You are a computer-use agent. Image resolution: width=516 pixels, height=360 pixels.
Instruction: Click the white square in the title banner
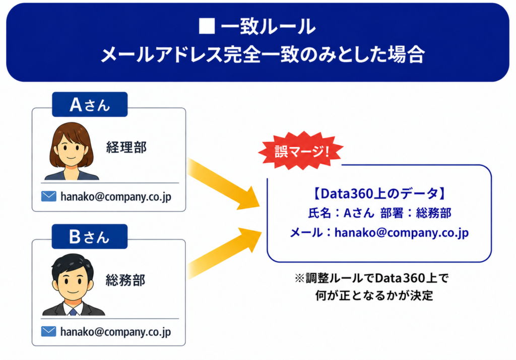(207, 26)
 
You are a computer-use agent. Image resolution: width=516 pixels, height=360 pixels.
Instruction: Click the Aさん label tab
(90, 104)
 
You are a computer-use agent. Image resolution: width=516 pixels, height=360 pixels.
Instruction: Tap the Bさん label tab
(90, 236)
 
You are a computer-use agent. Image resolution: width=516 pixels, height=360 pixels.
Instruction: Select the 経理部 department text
(126, 147)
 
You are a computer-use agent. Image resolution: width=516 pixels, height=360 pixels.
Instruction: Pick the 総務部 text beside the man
(125, 280)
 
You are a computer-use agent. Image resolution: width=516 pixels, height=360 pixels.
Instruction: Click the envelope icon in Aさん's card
(49, 196)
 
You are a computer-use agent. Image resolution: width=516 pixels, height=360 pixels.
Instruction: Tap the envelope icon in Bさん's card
(49, 331)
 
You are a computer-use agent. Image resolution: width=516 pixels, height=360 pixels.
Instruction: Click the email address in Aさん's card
(116, 197)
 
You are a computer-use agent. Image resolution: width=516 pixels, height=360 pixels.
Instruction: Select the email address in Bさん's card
(115, 332)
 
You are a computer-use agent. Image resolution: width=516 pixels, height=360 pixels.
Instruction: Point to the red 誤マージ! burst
(301, 151)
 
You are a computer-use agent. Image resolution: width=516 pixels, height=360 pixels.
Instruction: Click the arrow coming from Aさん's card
(224, 184)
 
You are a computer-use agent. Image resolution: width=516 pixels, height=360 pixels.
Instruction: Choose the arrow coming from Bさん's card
(224, 253)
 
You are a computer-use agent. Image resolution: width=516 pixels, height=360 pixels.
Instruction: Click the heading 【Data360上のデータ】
(379, 193)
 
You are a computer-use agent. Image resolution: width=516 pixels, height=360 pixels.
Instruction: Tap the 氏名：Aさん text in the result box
(341, 213)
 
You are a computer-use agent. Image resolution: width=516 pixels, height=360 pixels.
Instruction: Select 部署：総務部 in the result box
(416, 213)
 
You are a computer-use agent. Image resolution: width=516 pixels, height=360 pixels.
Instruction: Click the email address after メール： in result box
(402, 233)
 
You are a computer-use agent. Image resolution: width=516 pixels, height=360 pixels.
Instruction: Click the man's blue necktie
(73, 311)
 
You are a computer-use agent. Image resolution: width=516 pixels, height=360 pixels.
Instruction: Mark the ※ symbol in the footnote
(299, 278)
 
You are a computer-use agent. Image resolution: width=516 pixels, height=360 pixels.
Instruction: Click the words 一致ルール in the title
(268, 26)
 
